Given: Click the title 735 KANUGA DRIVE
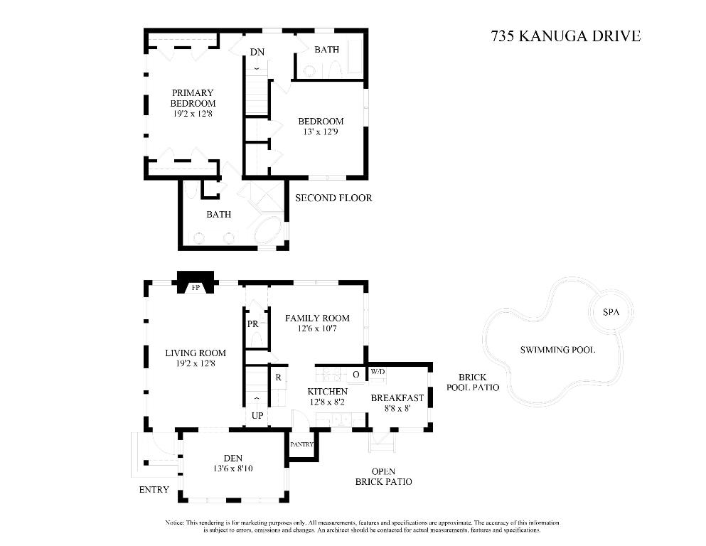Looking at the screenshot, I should tap(565, 36).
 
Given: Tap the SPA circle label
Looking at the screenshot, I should tap(611, 312).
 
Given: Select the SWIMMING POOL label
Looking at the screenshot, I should tap(557, 350).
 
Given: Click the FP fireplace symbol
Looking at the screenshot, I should tap(195, 288).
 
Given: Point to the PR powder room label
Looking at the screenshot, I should tap(252, 324).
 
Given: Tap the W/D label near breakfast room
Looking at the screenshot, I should tap(378, 372).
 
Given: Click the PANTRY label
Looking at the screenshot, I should tap(301, 444).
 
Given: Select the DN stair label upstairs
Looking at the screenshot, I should tap(257, 51).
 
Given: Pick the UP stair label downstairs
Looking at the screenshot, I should tap(256, 414).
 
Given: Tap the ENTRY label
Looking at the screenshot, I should tap(154, 489).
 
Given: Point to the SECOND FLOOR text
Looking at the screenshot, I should tap(333, 198).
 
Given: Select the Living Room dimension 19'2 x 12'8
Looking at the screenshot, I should tap(196, 363).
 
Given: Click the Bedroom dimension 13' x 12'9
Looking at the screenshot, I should tap(321, 132).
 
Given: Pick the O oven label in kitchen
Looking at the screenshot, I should tap(355, 374).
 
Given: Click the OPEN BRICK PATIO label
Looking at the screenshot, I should tap(383, 476).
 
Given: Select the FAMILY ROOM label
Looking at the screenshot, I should tap(317, 318).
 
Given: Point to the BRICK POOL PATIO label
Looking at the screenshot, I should tap(472, 382).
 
